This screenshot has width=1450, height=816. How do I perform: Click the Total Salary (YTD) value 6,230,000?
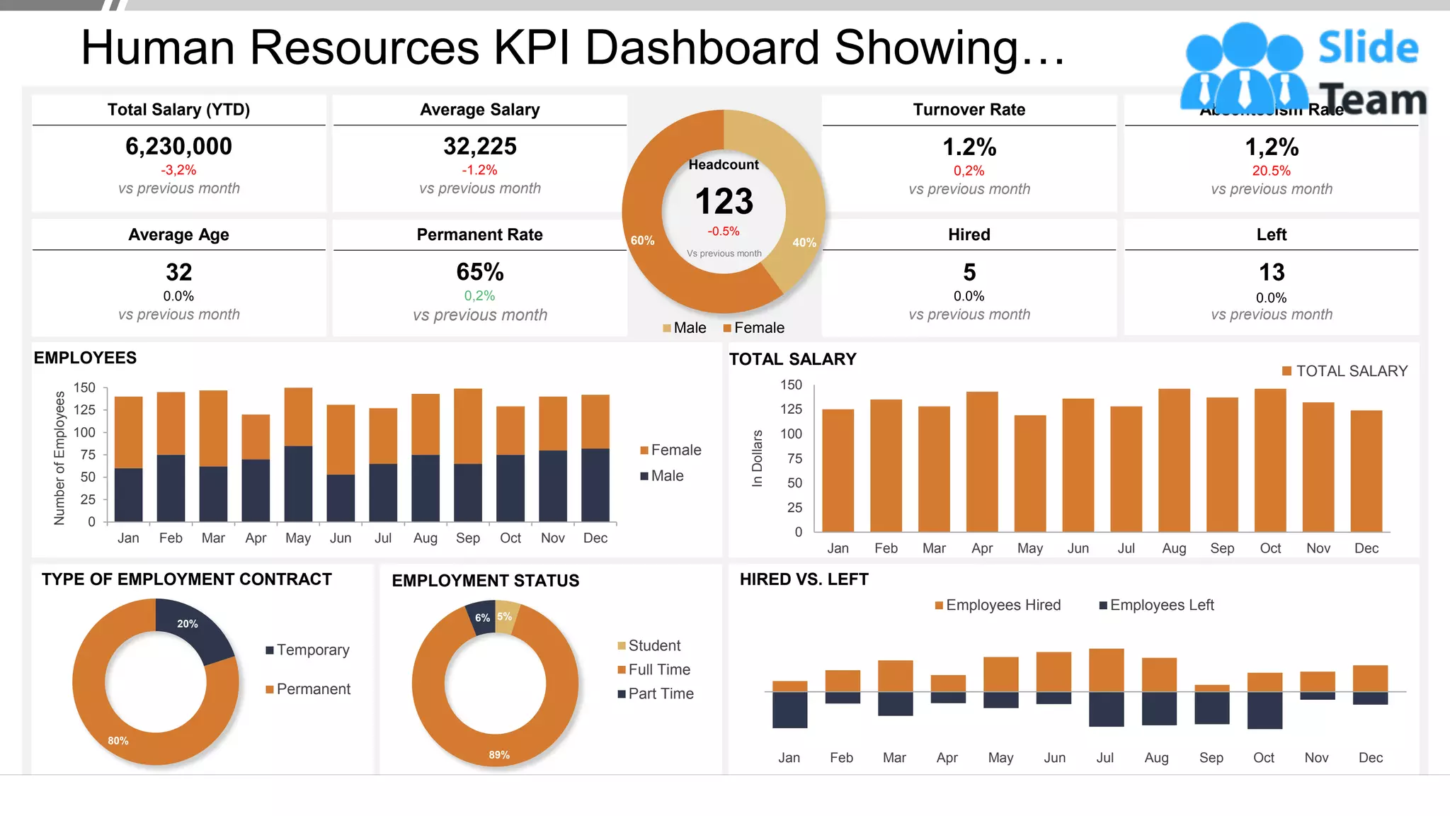178,147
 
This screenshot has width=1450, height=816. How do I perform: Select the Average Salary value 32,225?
480,147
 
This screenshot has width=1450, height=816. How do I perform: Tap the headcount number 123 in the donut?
724,201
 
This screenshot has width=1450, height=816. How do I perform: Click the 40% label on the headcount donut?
804,242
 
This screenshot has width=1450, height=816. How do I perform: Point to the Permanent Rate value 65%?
480,272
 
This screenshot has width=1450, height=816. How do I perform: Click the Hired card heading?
969,234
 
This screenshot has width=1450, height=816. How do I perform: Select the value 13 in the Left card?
1271,272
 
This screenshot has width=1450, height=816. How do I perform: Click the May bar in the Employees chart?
298,453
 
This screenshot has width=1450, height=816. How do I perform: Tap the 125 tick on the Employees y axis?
84,409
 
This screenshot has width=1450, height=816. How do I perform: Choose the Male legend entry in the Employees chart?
666,476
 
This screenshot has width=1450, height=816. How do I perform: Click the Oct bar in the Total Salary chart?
1269,460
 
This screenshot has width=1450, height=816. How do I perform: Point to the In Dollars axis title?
757,458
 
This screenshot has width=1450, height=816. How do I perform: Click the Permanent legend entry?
312,689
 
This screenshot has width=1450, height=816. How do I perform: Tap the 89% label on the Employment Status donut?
499,755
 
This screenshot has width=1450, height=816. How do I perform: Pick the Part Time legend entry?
660,694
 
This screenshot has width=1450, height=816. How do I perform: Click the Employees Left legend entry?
1160,606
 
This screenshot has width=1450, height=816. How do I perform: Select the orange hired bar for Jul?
1106,670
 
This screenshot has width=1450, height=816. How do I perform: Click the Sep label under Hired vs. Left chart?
1211,758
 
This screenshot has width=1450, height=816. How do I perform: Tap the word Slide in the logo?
1368,48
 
